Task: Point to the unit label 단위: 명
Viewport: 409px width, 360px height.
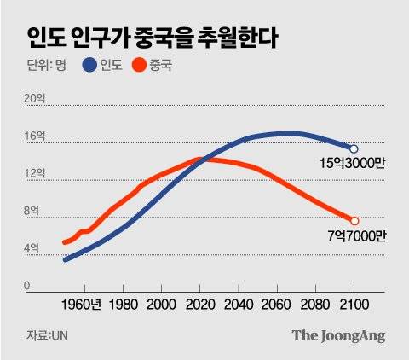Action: pos(44,66)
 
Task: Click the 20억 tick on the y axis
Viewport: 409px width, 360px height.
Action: pos(35,99)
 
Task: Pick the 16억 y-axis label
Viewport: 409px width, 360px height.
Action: pos(35,136)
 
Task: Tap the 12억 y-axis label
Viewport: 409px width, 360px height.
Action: pos(35,174)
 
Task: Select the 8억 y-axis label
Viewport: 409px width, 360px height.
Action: pos(32,212)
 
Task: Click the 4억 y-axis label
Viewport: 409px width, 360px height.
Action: pos(32,249)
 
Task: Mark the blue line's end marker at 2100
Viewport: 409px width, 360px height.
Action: pos(354,148)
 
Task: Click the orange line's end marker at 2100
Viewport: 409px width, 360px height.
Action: pos(354,221)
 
